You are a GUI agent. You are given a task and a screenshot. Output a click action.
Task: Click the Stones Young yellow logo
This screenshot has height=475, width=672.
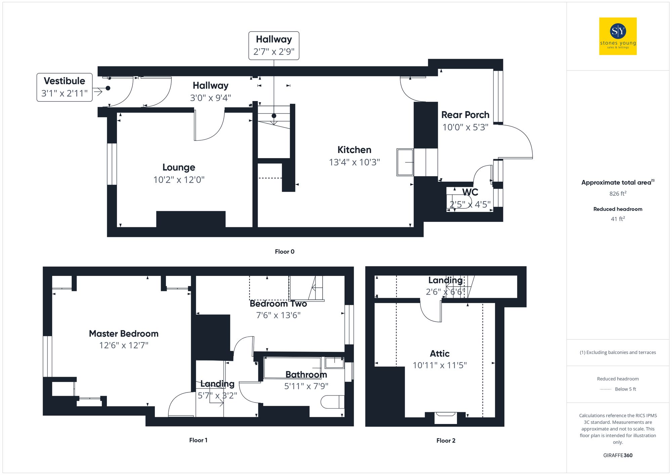coord(618,36)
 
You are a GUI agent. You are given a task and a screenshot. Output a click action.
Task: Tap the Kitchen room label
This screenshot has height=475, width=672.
coord(354,150)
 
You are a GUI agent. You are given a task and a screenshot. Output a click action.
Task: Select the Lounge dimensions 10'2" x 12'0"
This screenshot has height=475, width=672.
coord(179,180)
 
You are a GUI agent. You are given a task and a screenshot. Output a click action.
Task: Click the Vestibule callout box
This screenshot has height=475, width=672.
coord(65,87)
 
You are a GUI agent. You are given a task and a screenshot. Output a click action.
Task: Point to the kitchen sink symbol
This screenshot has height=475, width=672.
coord(405,162)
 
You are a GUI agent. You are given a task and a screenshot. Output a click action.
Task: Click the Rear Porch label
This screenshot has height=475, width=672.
coord(465,115)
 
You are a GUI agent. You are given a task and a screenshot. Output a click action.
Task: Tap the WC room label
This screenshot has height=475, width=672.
coord(470,192)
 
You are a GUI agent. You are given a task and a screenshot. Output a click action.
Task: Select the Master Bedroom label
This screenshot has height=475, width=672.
coord(124,334)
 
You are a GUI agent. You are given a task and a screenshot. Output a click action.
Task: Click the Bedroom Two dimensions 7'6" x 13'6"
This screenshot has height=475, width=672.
coord(278,315)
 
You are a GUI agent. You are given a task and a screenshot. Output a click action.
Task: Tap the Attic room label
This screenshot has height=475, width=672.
coord(439,353)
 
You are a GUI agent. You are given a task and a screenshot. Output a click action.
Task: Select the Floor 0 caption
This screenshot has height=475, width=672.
coord(284,252)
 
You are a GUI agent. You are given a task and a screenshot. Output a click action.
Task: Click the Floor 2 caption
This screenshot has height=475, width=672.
coord(446,440)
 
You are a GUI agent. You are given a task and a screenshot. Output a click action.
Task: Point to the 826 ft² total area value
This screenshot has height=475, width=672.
coord(618,194)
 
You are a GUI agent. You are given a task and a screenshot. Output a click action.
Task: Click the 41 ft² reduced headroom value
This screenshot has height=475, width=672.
coord(618,219)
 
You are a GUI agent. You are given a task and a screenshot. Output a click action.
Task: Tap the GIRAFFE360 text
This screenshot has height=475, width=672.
coord(618,455)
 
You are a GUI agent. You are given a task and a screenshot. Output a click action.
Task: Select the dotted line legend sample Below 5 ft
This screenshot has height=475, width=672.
coord(606,389)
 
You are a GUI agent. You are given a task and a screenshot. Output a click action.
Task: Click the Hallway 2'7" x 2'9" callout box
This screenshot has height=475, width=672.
coord(274,46)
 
